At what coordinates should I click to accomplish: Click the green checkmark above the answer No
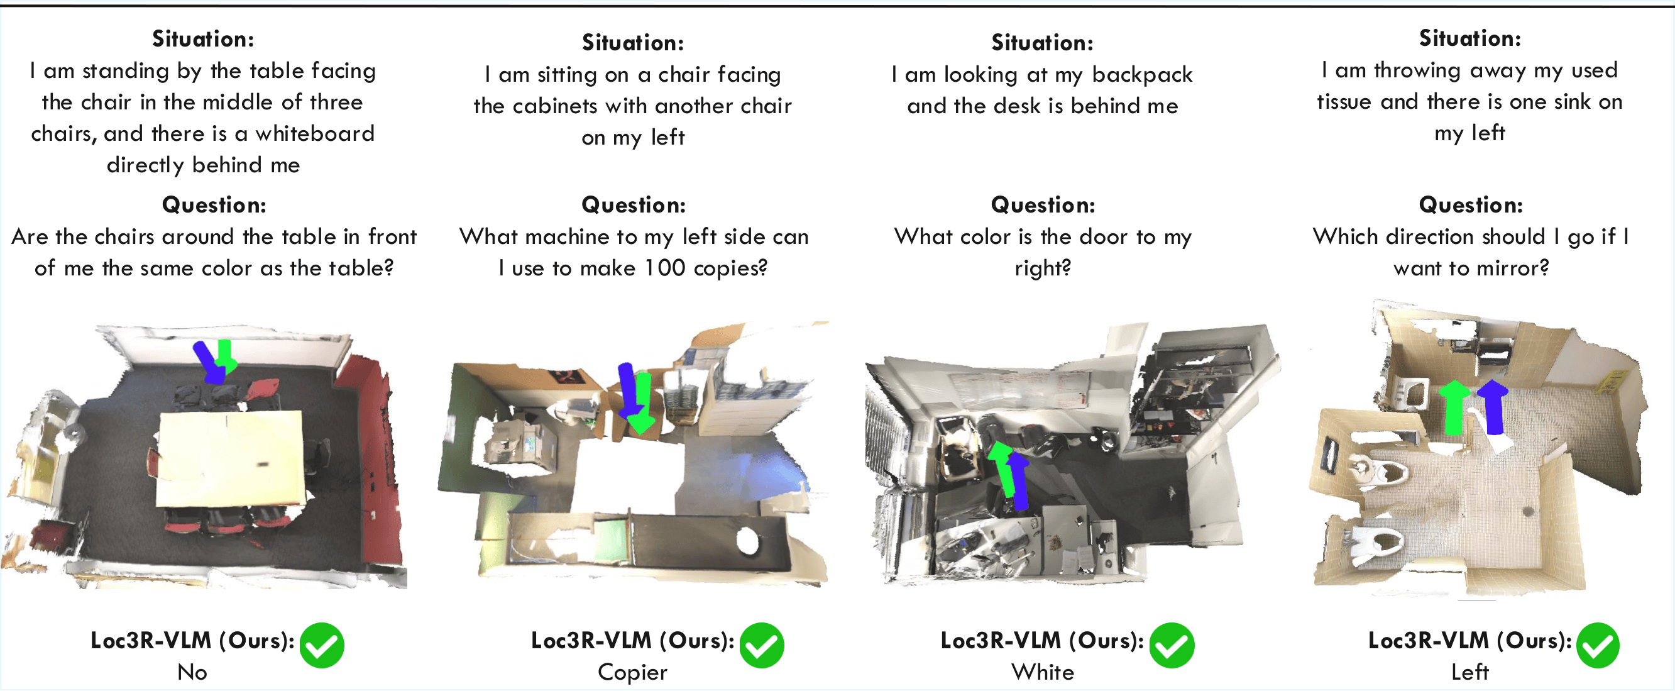pyautogui.click(x=321, y=645)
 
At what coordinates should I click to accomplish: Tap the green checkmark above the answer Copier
pyautogui.click(x=761, y=645)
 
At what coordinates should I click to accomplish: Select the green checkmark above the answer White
pyautogui.click(x=1171, y=645)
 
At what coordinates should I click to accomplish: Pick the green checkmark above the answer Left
pyautogui.click(x=1598, y=645)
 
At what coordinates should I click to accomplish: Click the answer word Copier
pyautogui.click(x=632, y=672)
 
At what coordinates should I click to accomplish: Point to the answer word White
pyautogui.click(x=1042, y=672)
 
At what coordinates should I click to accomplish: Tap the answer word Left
pyautogui.click(x=1469, y=672)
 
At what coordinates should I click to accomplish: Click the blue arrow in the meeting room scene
pyautogui.click(x=209, y=362)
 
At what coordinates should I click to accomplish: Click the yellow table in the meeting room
pyautogui.click(x=231, y=459)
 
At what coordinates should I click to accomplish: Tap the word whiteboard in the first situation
pyautogui.click(x=315, y=133)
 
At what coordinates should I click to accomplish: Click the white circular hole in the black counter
pyautogui.click(x=747, y=541)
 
